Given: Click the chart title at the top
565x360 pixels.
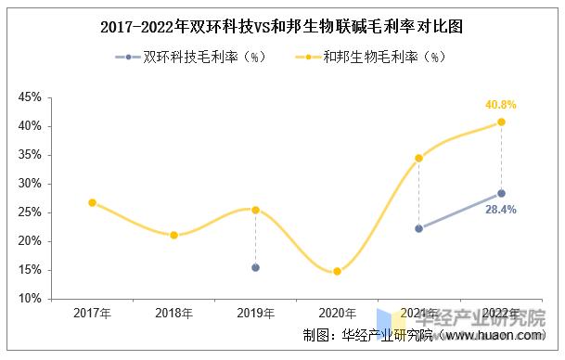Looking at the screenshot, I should tap(282, 27).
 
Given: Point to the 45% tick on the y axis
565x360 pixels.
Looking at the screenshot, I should tap(30, 97).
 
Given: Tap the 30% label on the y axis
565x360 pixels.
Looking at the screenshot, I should tap(30, 184).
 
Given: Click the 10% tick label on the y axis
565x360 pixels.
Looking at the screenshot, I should tap(30, 299).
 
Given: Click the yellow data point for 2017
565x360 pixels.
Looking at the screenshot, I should tap(92, 202).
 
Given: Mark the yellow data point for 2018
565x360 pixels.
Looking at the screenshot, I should tap(173, 235).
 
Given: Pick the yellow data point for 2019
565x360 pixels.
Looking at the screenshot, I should tap(255, 210).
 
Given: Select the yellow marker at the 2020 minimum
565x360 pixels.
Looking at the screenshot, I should tap(337, 272).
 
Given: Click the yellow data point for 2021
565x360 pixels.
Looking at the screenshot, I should tap(419, 158).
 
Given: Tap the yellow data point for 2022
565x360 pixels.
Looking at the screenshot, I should tap(501, 122).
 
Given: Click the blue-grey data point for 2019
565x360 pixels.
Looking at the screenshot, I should tap(255, 267).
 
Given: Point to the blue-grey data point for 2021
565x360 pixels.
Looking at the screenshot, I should tap(419, 228).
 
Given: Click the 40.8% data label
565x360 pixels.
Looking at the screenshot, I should tap(501, 105).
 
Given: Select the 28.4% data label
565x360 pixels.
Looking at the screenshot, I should tap(501, 210).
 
